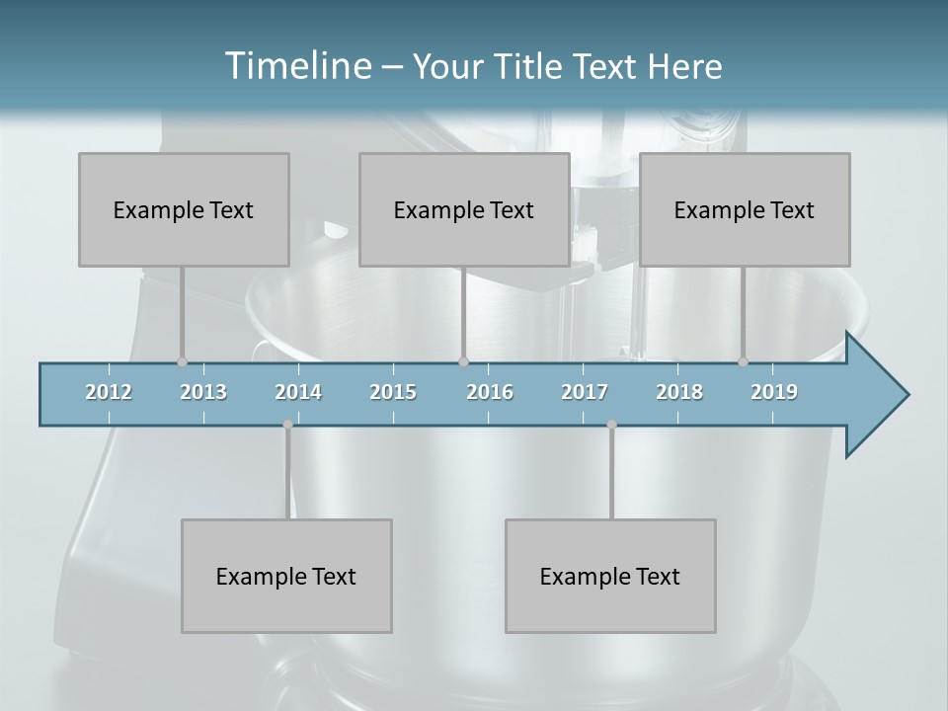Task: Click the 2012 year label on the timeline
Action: pos(109,392)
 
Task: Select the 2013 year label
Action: pos(203,392)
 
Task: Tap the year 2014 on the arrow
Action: pos(298,392)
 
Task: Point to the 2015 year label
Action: pos(393,392)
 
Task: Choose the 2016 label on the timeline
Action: pos(490,392)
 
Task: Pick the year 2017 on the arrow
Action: pos(585,392)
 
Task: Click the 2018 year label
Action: pos(679,392)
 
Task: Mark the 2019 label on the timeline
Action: pos(774,392)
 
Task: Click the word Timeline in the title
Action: pos(296,66)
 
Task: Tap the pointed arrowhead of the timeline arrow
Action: pos(879,395)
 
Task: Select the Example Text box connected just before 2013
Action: pos(184,209)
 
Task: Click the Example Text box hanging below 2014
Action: pos(286,576)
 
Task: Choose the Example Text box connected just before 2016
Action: pos(464,209)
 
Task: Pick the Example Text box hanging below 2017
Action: pos(610,576)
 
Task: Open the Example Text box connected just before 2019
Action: pos(745,209)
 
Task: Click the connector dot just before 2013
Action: pos(182,361)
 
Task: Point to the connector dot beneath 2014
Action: pos(287,425)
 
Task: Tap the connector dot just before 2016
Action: pos(463,361)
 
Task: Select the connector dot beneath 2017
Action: pos(611,425)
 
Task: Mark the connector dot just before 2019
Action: pos(744,361)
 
